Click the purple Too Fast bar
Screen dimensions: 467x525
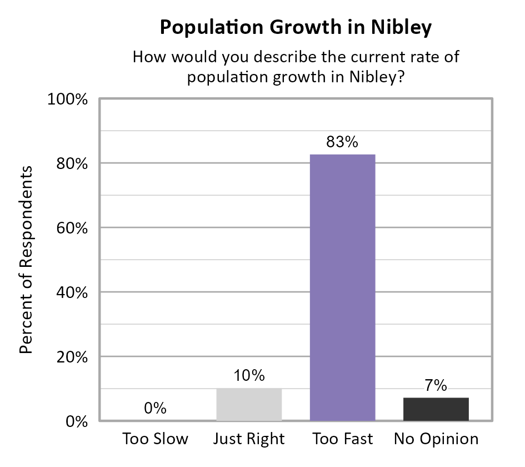coord(343,287)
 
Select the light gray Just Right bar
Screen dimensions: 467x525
coord(249,404)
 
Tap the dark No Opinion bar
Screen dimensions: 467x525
coord(436,409)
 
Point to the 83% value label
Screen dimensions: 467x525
coord(342,142)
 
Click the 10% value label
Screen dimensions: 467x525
coord(249,376)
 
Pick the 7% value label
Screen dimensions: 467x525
coord(436,385)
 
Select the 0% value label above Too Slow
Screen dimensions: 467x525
coord(155,409)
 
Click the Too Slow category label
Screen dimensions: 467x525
coord(156,439)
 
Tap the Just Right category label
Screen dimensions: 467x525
coord(249,439)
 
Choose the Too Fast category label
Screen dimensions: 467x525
coord(342,439)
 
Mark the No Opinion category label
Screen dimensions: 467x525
coord(436,439)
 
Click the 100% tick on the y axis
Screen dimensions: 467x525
coord(68,100)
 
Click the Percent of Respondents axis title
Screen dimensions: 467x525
coord(27,259)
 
